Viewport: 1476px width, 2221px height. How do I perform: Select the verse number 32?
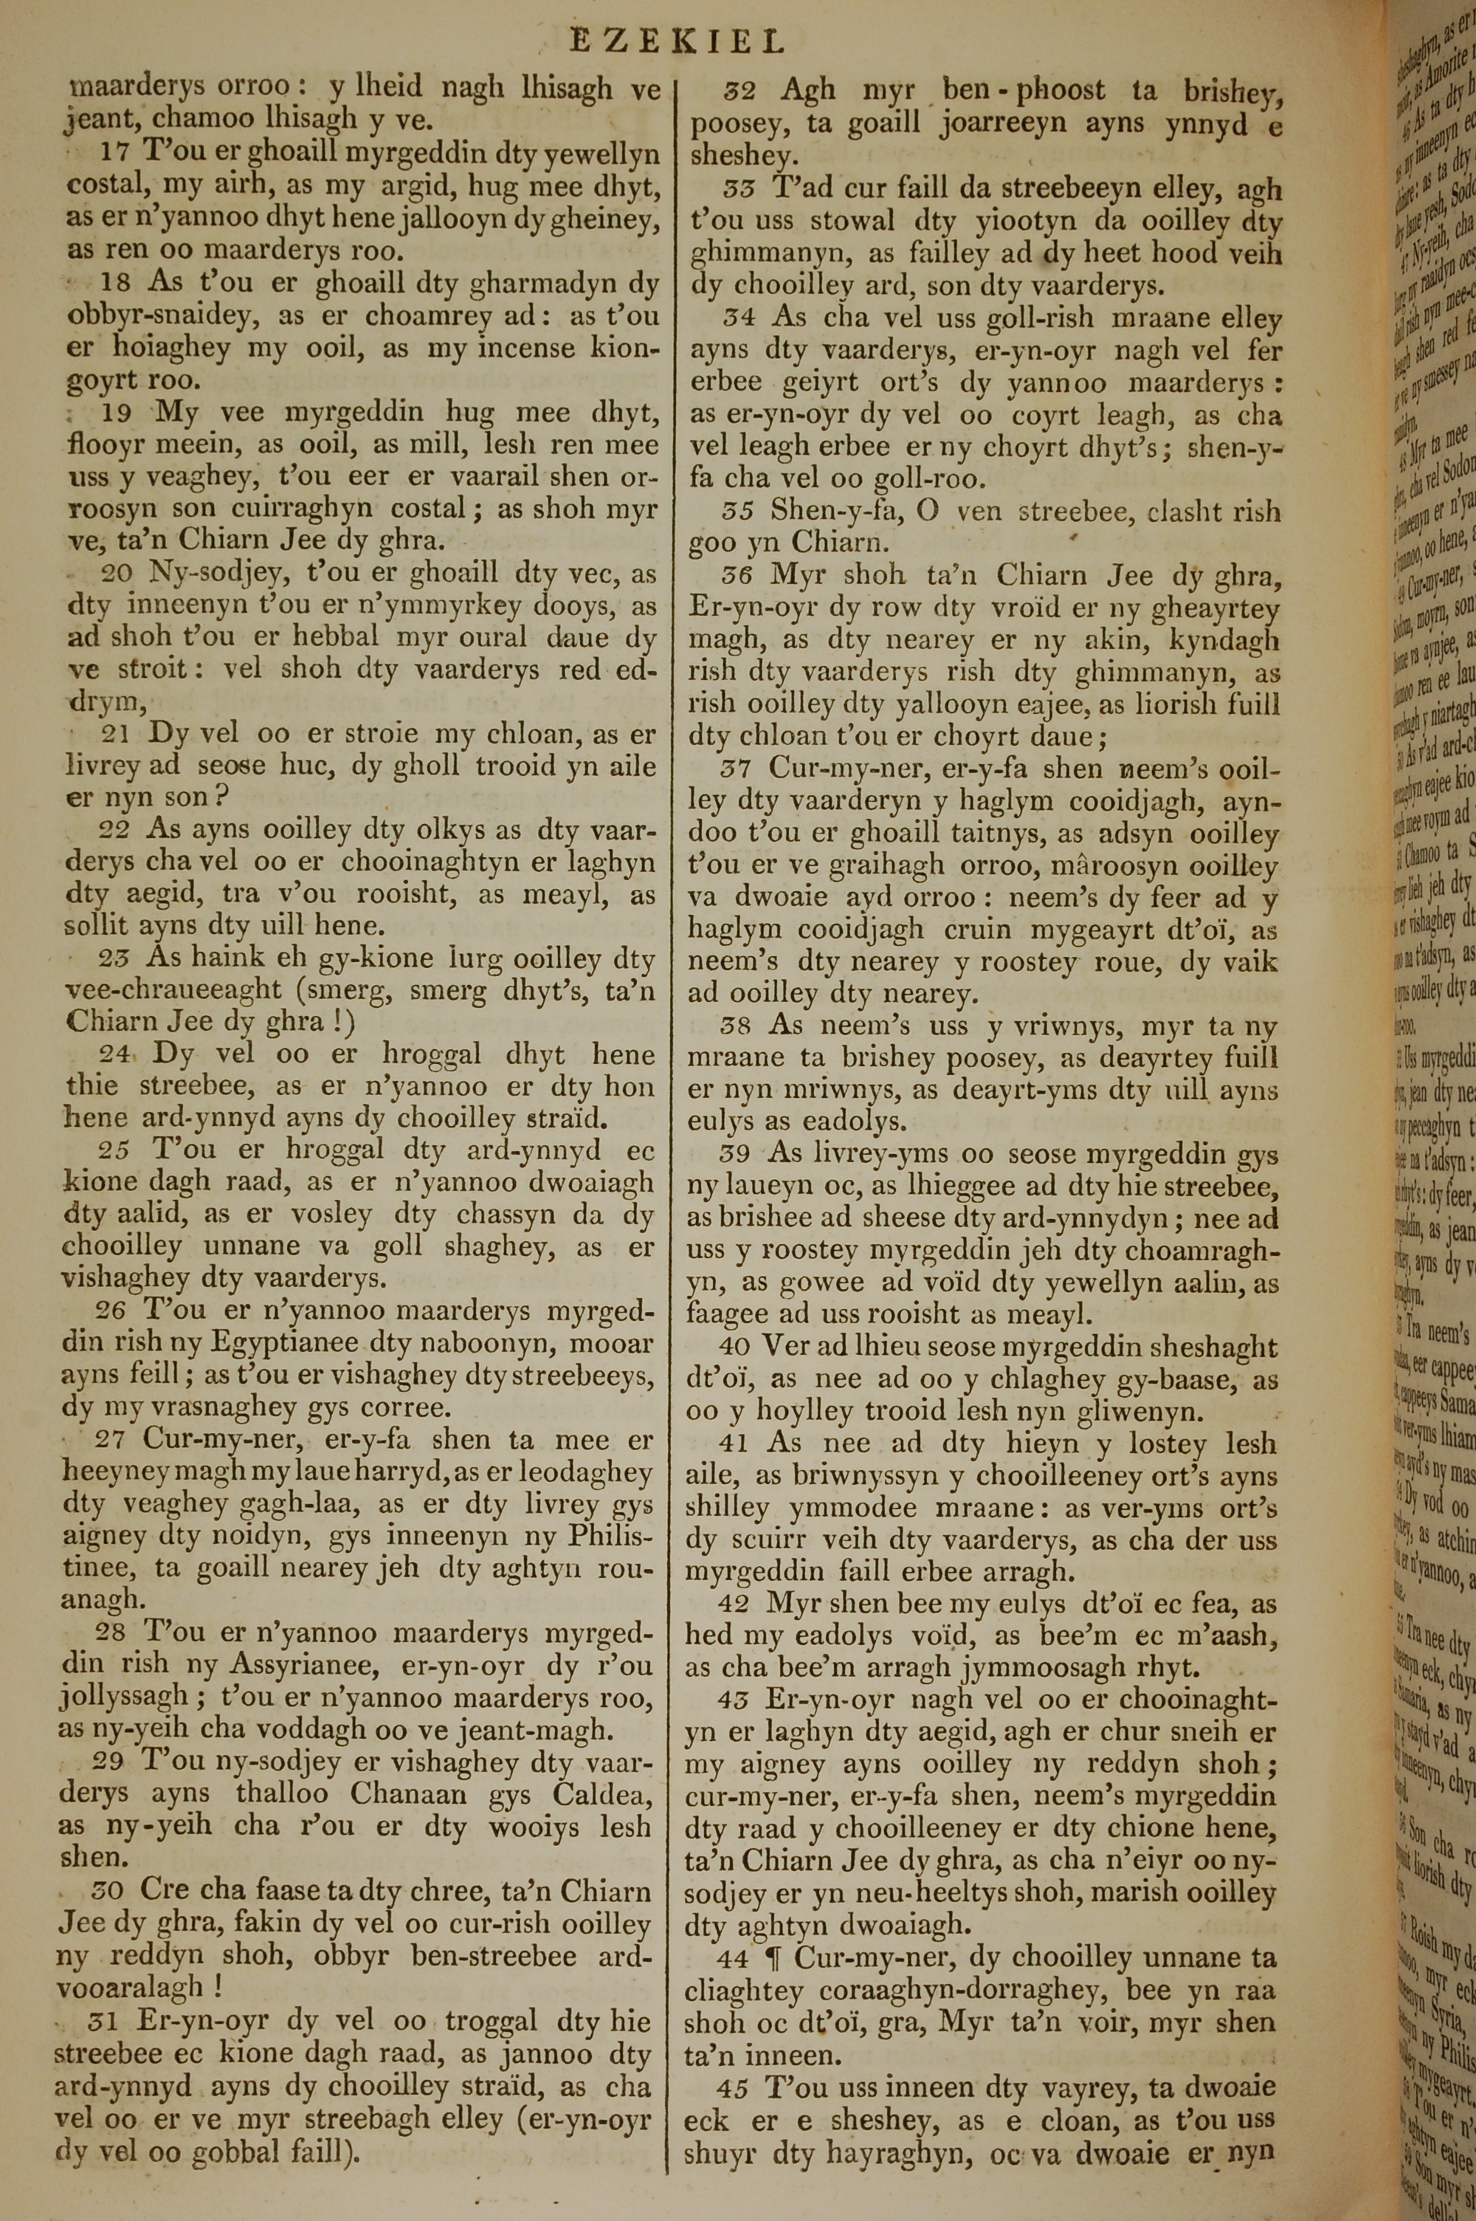740,92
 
